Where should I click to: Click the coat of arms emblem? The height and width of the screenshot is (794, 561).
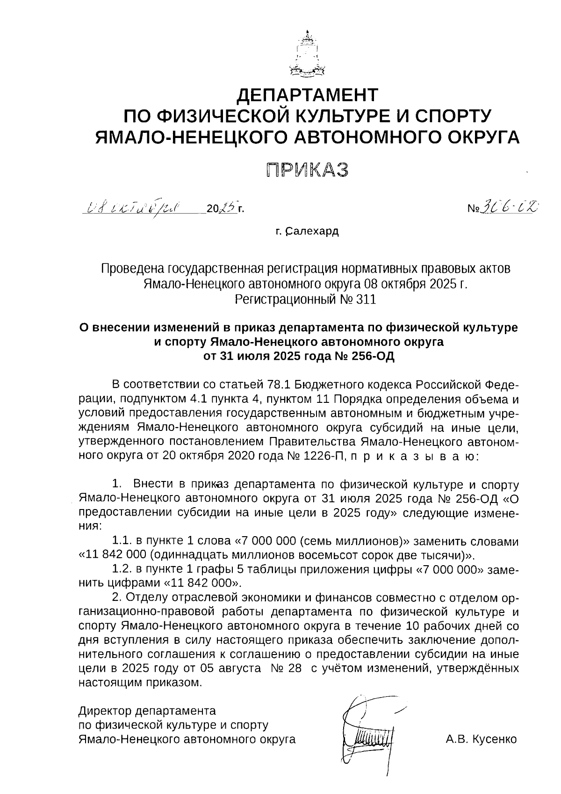point(307,55)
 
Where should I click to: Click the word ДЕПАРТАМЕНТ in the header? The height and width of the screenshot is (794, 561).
point(307,96)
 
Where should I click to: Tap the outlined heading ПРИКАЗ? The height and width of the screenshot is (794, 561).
point(308,170)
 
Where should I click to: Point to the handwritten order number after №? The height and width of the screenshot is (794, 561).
point(510,206)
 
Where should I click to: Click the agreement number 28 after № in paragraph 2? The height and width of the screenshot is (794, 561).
point(294,669)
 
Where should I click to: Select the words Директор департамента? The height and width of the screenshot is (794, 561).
point(147,711)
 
